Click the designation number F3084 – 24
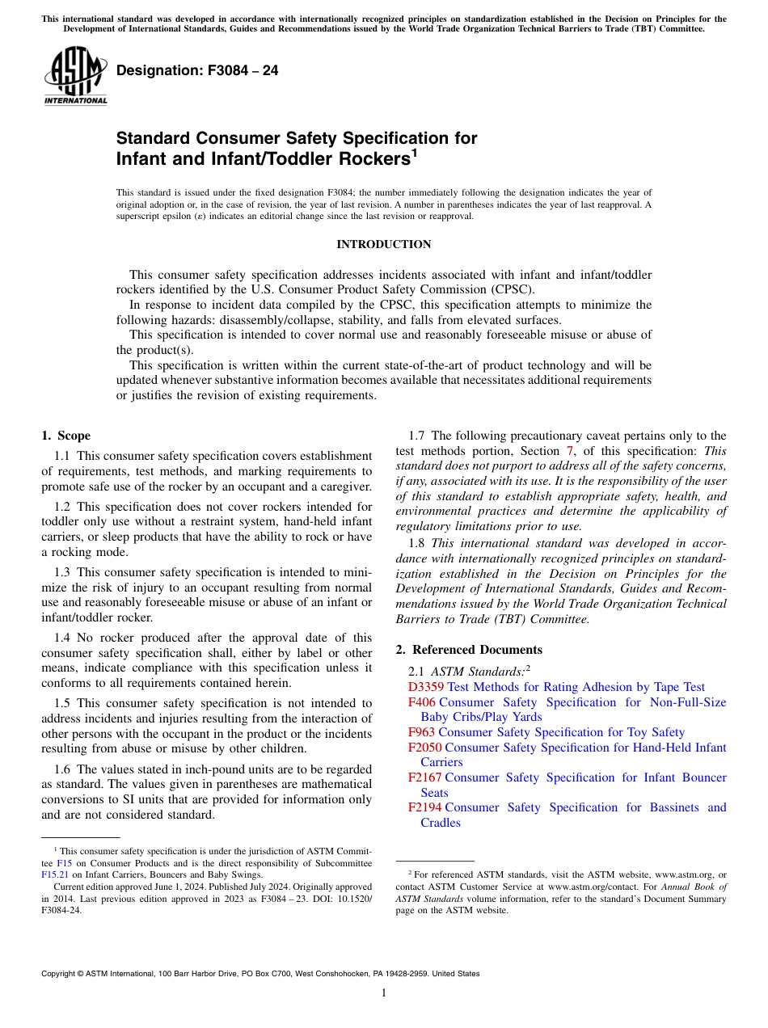click(197, 71)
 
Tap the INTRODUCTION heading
click(383, 245)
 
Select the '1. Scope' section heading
click(65, 436)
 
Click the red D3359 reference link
click(426, 687)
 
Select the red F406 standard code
click(421, 702)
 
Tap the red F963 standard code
click(421, 732)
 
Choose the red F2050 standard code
click(424, 748)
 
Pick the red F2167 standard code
click(424, 777)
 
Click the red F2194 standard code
click(424, 807)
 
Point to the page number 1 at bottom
click(384, 993)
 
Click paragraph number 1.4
click(63, 638)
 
